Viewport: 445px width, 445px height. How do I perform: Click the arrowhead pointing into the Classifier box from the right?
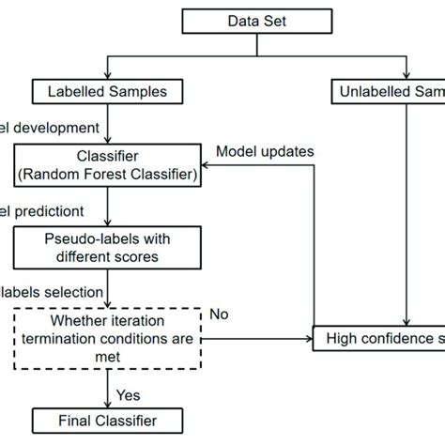pos(209,161)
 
